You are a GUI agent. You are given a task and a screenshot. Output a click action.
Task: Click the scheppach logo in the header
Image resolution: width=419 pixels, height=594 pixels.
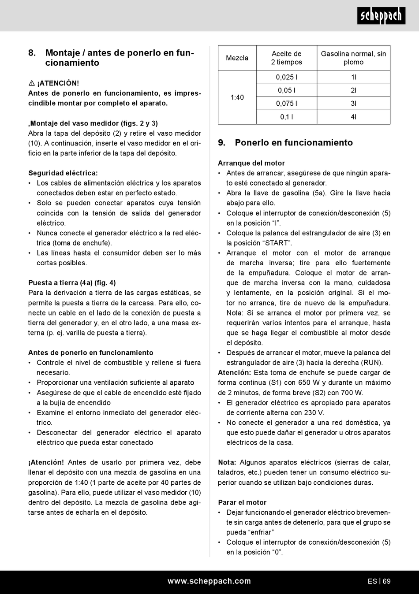pyautogui.click(x=381, y=16)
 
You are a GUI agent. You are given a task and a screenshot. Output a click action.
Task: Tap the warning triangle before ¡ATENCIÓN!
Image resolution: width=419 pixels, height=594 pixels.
pyautogui.click(x=31, y=83)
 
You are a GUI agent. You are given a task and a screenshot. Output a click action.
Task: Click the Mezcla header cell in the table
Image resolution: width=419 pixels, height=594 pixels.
pyautogui.click(x=237, y=58)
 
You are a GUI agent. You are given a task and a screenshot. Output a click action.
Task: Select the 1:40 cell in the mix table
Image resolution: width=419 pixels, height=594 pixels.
pyautogui.click(x=237, y=97)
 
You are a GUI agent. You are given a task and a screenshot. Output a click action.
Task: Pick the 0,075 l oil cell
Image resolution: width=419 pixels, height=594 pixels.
pyautogui.click(x=287, y=104)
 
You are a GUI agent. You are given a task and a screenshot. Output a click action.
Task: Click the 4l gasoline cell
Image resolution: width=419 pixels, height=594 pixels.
pyautogui.click(x=353, y=117)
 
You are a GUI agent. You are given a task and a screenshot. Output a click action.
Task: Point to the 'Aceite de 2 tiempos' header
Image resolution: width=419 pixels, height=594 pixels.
pyautogui.click(x=287, y=58)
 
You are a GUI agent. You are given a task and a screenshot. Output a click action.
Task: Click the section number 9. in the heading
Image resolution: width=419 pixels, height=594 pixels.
pyautogui.click(x=222, y=143)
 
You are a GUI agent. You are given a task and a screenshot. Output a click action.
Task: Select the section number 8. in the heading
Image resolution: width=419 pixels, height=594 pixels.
pyautogui.click(x=32, y=53)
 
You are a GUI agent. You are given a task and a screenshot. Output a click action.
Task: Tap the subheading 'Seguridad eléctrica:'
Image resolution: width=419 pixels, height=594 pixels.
pyautogui.click(x=63, y=173)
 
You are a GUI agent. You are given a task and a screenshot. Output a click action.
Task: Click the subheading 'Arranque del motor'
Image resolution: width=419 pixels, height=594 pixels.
pyautogui.click(x=251, y=163)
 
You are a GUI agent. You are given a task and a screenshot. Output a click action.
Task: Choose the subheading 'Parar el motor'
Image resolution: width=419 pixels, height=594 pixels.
pyautogui.click(x=242, y=502)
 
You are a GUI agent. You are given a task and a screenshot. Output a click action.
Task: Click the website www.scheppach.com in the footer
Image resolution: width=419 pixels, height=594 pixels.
pyautogui.click(x=209, y=581)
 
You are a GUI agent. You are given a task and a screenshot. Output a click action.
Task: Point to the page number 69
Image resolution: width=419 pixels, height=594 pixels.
pyautogui.click(x=387, y=581)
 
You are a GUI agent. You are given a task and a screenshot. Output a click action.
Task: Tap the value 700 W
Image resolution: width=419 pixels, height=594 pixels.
pyautogui.click(x=352, y=393)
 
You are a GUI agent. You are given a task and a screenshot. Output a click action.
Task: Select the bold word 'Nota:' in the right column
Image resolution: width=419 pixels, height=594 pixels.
pyautogui.click(x=227, y=462)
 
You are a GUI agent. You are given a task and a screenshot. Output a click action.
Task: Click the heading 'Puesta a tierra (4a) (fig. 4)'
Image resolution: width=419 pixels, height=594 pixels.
pyautogui.click(x=72, y=283)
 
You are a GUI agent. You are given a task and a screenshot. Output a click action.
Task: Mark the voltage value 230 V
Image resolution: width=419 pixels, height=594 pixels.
pyautogui.click(x=314, y=413)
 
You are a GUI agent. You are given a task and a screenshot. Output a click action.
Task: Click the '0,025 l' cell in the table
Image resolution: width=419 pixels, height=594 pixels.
pyautogui.click(x=287, y=77)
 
